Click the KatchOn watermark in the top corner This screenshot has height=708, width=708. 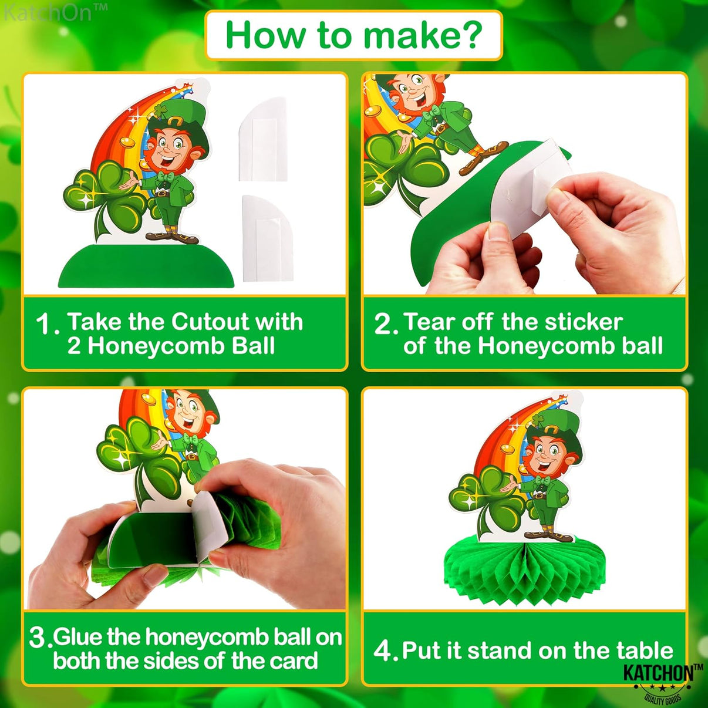(x=55, y=12)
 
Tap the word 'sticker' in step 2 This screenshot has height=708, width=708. (x=584, y=322)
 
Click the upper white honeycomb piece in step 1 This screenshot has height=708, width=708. (x=262, y=140)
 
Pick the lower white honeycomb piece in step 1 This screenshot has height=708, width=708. (x=268, y=238)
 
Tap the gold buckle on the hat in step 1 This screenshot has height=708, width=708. (x=176, y=122)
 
